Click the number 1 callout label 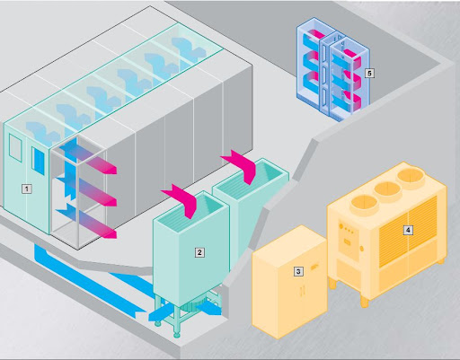point(27,189)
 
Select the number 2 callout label point(199,252)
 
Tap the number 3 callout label point(298,271)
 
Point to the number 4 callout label point(408,230)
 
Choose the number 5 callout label point(369,73)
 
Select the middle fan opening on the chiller point(388,189)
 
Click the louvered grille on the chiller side point(408,232)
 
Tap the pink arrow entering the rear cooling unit point(241,166)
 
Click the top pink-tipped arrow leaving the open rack point(87,158)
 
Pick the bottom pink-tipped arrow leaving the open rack point(87,222)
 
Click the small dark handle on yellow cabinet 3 point(314,267)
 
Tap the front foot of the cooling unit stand point(177,333)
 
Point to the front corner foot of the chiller point(365,302)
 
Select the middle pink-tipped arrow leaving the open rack point(87,190)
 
